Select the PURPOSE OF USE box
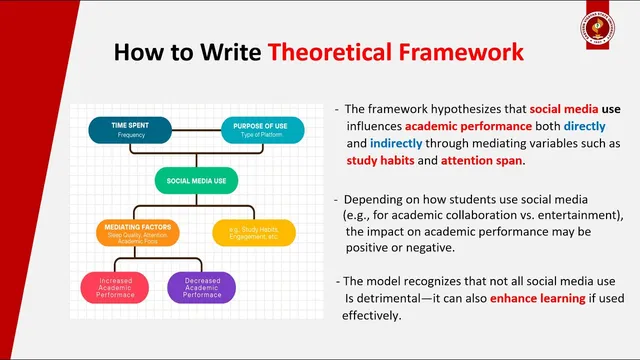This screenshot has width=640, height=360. coord(262,130)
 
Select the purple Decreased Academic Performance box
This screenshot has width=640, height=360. coord(201,287)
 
